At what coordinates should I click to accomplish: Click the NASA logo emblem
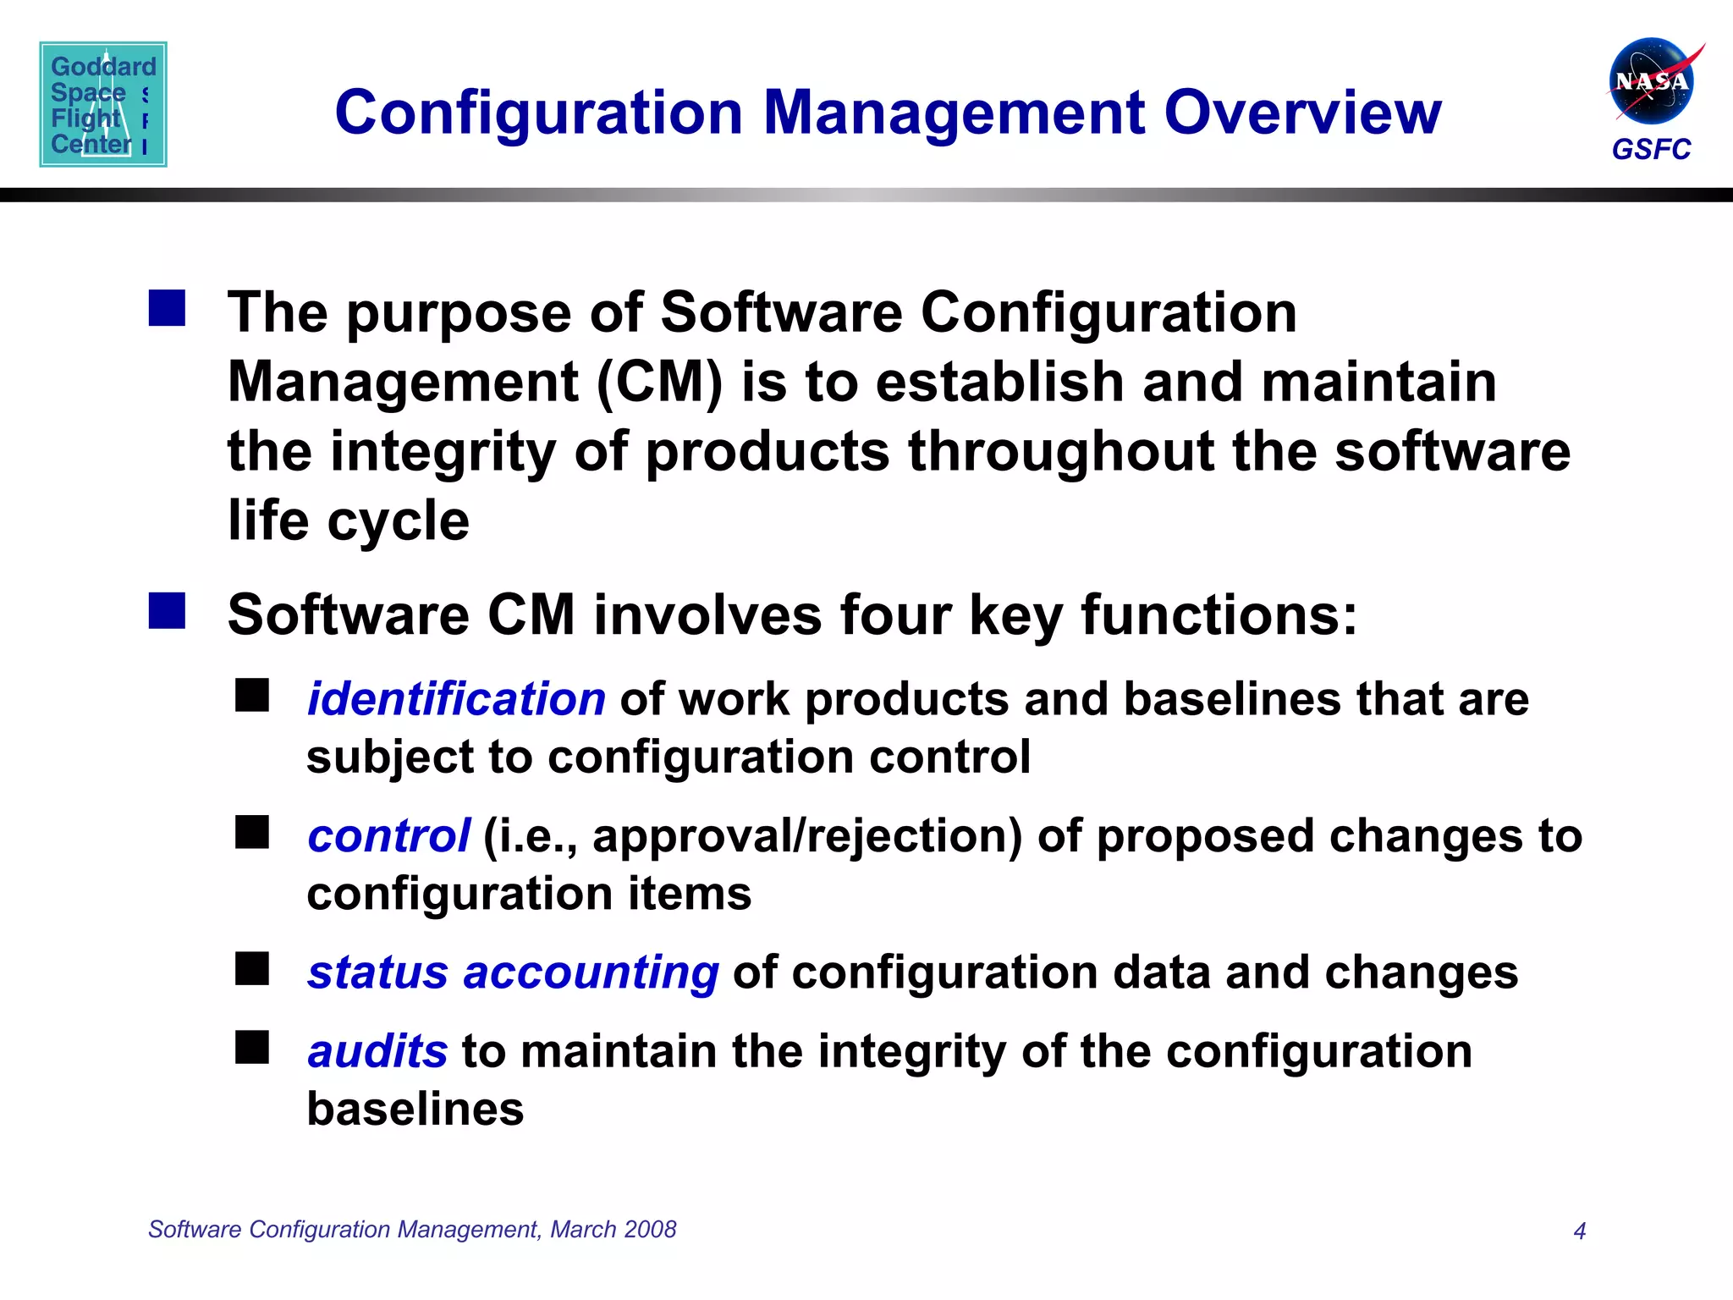pos(1651,82)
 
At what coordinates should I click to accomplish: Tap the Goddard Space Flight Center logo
pos(103,104)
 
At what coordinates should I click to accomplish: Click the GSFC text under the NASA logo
pos(1651,150)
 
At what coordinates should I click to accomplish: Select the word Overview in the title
pos(1302,113)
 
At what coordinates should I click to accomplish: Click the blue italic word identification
pos(456,699)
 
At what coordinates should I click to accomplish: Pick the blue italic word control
pos(388,836)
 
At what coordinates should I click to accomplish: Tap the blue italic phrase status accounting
pos(513,972)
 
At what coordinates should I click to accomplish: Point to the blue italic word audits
pos(377,1051)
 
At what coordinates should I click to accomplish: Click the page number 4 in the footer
pos(1579,1231)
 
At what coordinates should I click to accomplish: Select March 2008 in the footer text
pos(613,1229)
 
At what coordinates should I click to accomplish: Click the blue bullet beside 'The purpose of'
pos(167,308)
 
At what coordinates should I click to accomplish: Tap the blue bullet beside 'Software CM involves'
pos(167,611)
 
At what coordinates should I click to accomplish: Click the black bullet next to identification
pos(252,696)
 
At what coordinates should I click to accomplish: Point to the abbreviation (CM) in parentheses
pos(660,383)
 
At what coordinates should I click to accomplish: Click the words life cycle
pos(349,521)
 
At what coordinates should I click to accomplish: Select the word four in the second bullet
pos(894,614)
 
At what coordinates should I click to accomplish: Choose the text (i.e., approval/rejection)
pos(752,836)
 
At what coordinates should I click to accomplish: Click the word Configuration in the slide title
pos(539,113)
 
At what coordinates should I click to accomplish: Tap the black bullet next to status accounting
pos(252,969)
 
